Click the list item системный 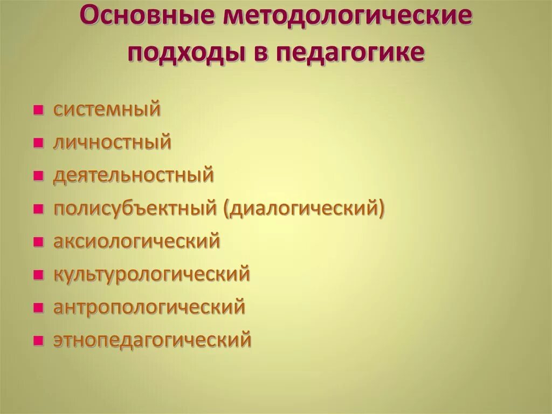tap(107, 110)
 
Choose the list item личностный tap(112, 142)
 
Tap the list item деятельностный tap(133, 176)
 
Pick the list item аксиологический tap(136, 241)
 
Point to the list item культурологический tap(151, 274)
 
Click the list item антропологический tap(149, 307)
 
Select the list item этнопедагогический tap(152, 340)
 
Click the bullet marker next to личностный tap(38, 144)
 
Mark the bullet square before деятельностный tap(38, 177)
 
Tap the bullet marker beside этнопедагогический tap(38, 342)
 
